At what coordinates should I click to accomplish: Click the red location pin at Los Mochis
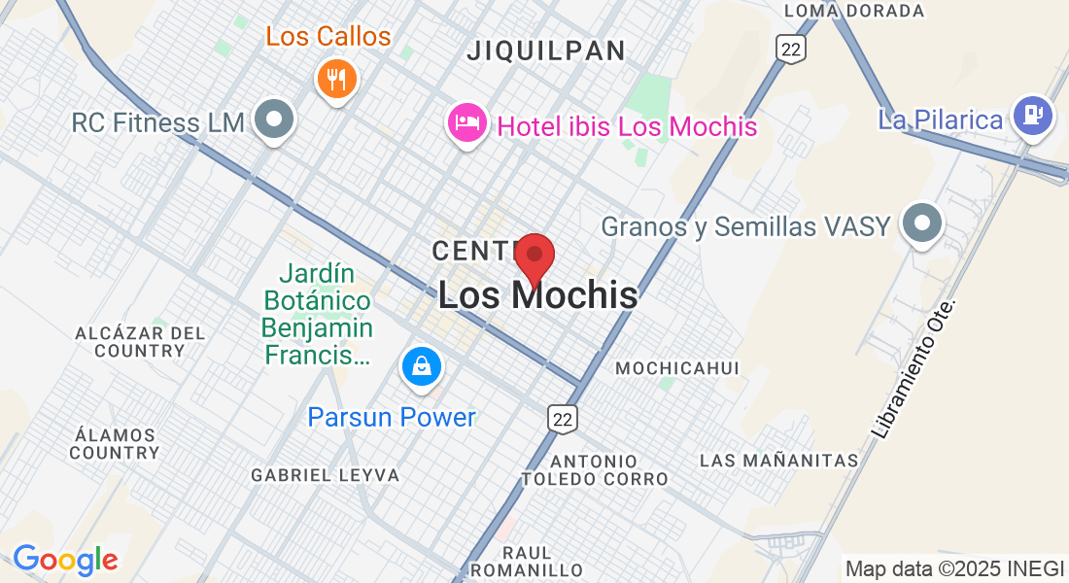pyautogui.click(x=534, y=257)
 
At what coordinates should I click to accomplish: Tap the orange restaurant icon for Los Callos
pyautogui.click(x=336, y=79)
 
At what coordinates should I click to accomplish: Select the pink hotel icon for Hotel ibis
pyautogui.click(x=467, y=122)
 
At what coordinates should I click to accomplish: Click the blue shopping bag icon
pyautogui.click(x=423, y=366)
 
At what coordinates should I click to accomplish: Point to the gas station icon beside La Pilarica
pyautogui.click(x=1032, y=115)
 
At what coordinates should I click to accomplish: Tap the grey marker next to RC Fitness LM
pyautogui.click(x=274, y=120)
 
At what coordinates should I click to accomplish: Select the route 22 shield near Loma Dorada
pyautogui.click(x=791, y=49)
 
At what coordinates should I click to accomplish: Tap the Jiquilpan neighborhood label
pyautogui.click(x=545, y=51)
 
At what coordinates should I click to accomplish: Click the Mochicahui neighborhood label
pyautogui.click(x=677, y=368)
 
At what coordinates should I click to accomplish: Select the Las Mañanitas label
pyautogui.click(x=778, y=460)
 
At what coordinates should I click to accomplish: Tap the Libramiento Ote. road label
pyautogui.click(x=914, y=369)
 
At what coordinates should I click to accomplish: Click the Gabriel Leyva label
pyautogui.click(x=325, y=475)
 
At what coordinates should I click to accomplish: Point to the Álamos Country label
pyautogui.click(x=114, y=443)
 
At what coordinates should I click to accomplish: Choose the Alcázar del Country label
pyautogui.click(x=140, y=341)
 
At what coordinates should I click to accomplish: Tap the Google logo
pyautogui.click(x=65, y=560)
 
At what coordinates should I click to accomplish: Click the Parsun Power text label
pyautogui.click(x=392, y=418)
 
